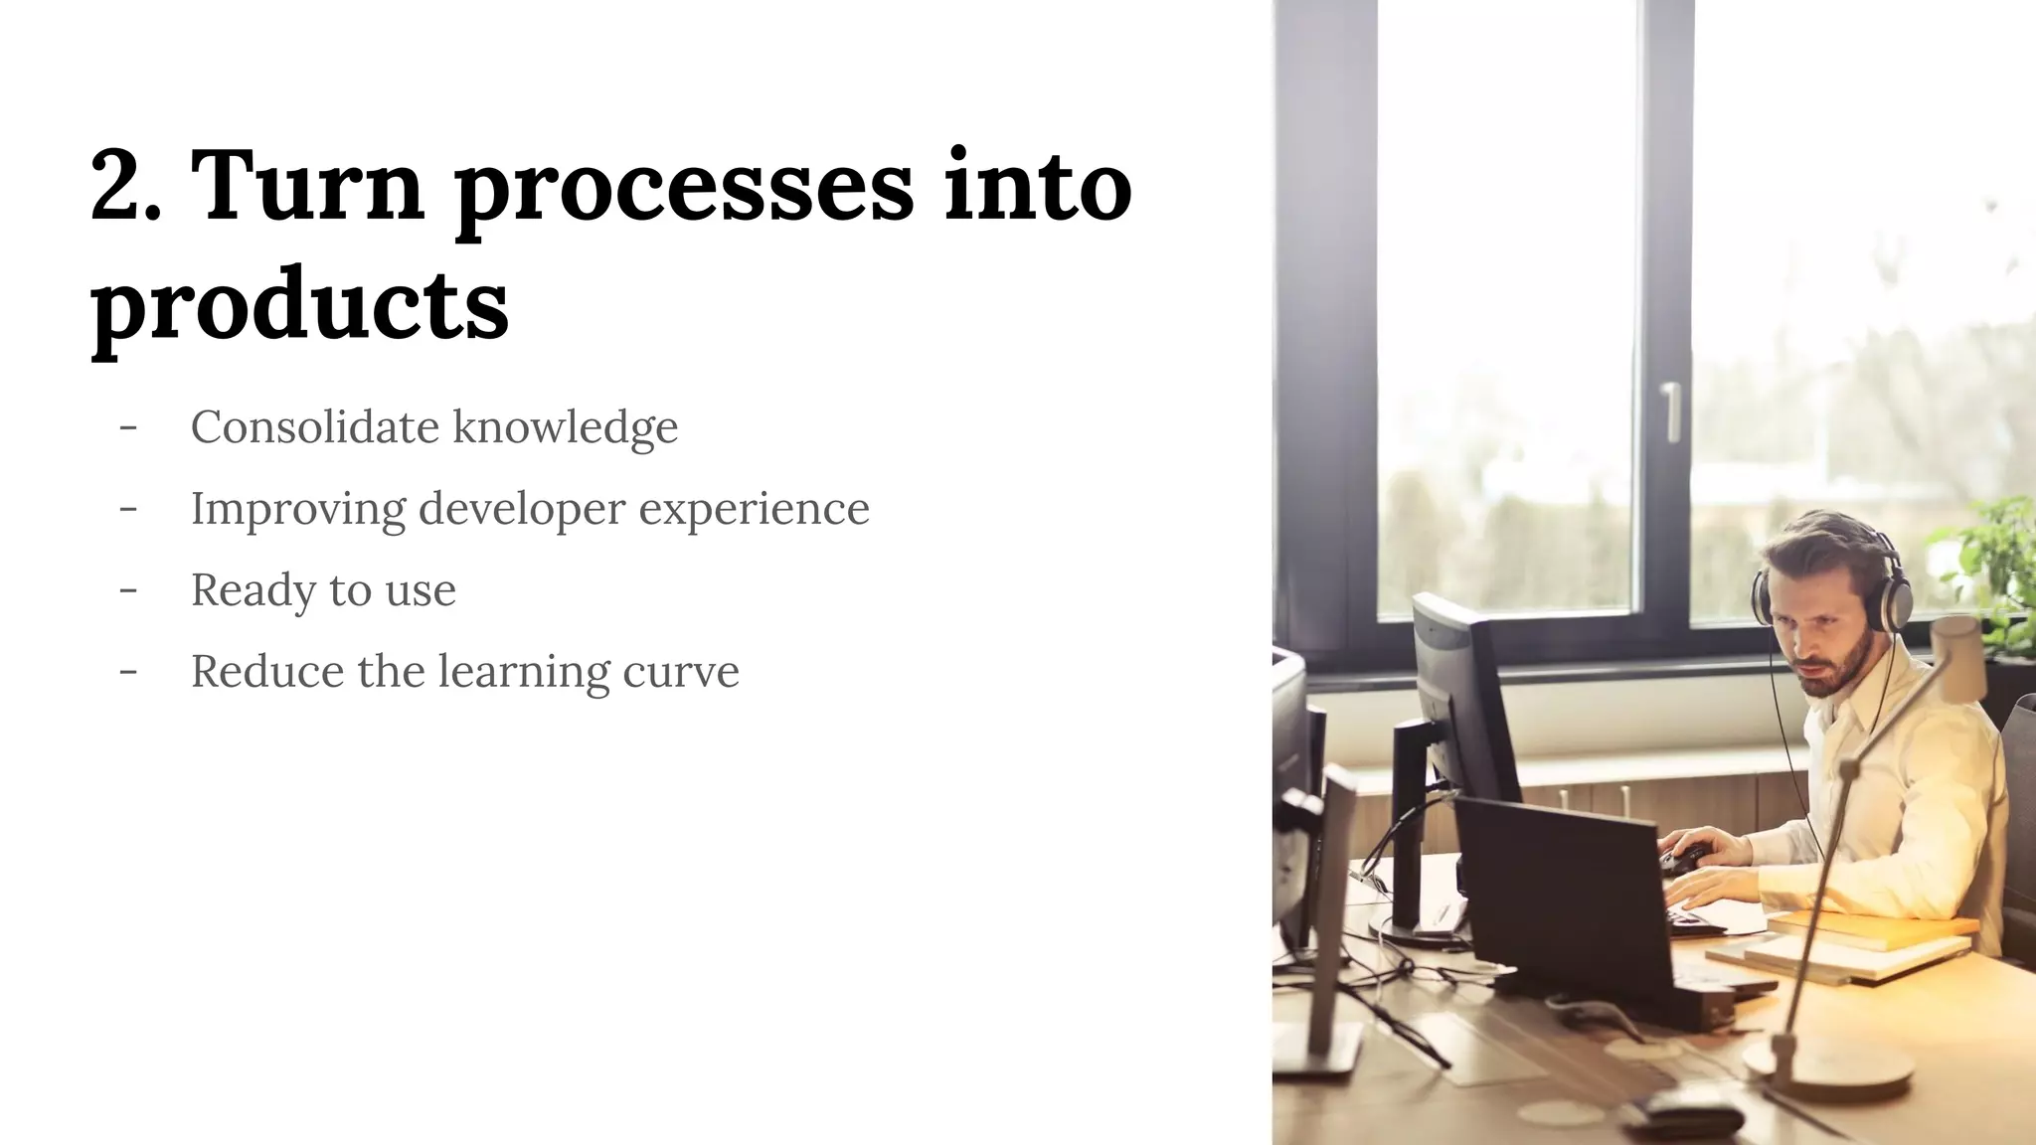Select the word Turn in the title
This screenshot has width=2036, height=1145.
pos(306,187)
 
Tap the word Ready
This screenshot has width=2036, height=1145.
pos(253,591)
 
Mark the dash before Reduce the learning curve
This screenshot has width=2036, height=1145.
pos(127,671)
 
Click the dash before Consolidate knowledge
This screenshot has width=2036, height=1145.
pos(127,427)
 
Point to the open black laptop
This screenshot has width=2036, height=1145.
pos(1561,895)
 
